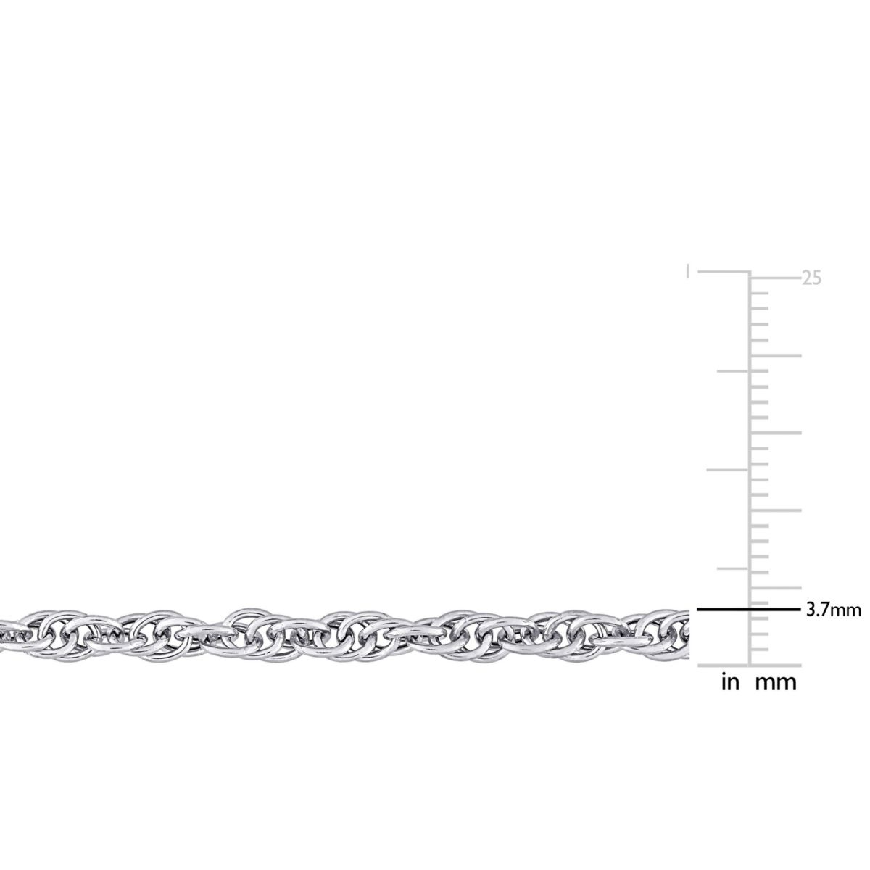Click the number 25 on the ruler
[811, 278]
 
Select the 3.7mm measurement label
[834, 610]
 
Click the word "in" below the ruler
[730, 682]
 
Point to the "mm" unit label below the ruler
[776, 682]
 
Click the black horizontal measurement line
[747, 610]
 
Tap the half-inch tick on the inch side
[728, 470]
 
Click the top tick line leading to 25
[775, 278]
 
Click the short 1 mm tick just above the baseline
[759, 650]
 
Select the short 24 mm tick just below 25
[759, 294]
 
